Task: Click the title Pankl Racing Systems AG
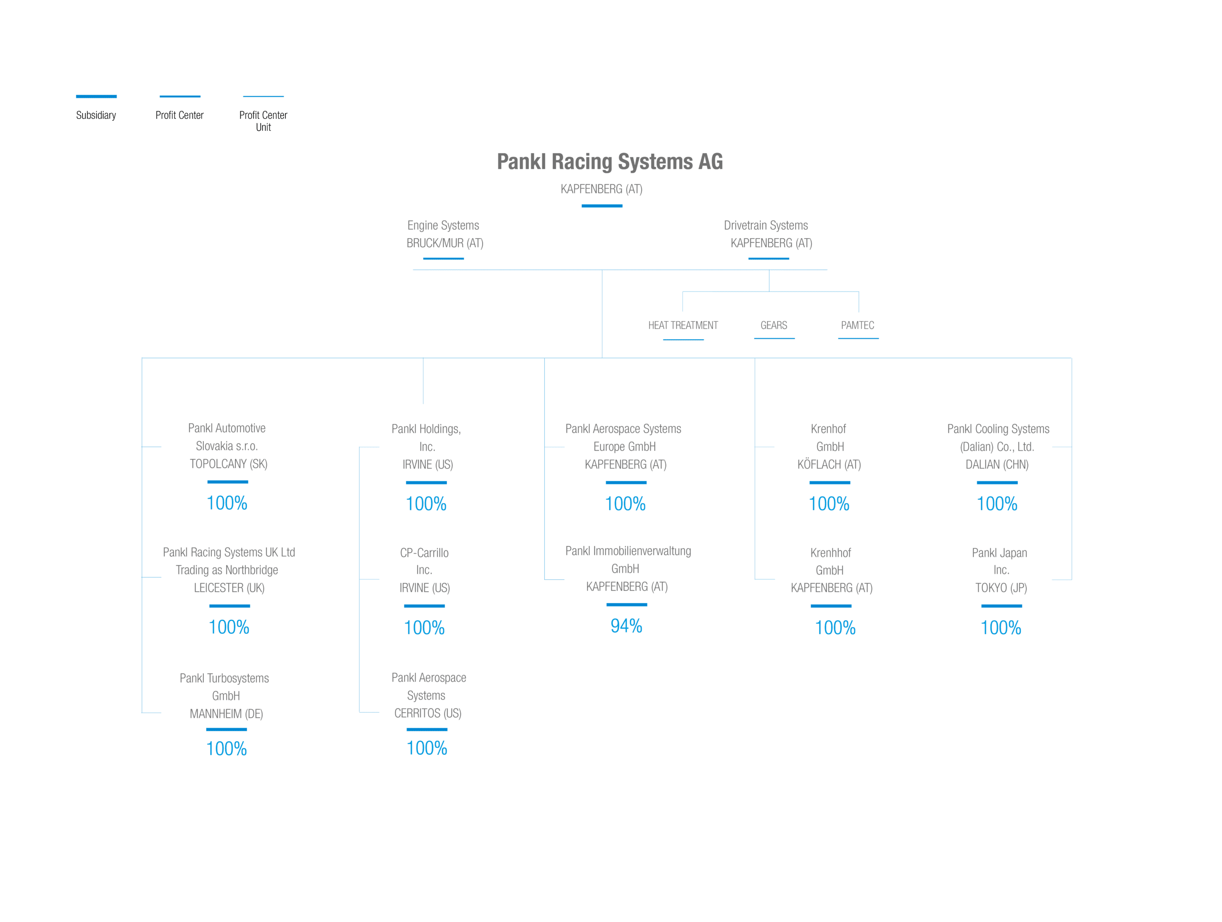(x=610, y=162)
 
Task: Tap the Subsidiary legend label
(x=96, y=115)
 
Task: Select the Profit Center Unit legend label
(x=263, y=120)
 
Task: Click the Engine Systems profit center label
(x=443, y=225)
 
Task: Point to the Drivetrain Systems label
(x=766, y=225)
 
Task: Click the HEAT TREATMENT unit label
(x=683, y=325)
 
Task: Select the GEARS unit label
(x=773, y=325)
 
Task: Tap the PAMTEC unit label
(x=857, y=325)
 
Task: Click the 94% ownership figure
(x=626, y=626)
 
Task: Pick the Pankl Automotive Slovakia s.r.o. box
(x=227, y=446)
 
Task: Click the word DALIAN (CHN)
(x=997, y=465)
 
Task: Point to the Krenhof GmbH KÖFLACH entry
(x=829, y=446)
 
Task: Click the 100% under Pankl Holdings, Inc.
(x=426, y=504)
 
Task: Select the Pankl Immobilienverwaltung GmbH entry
(x=628, y=568)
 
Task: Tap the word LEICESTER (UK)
(x=229, y=588)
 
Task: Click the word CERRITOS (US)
(x=428, y=713)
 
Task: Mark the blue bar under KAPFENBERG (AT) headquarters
(x=601, y=206)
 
